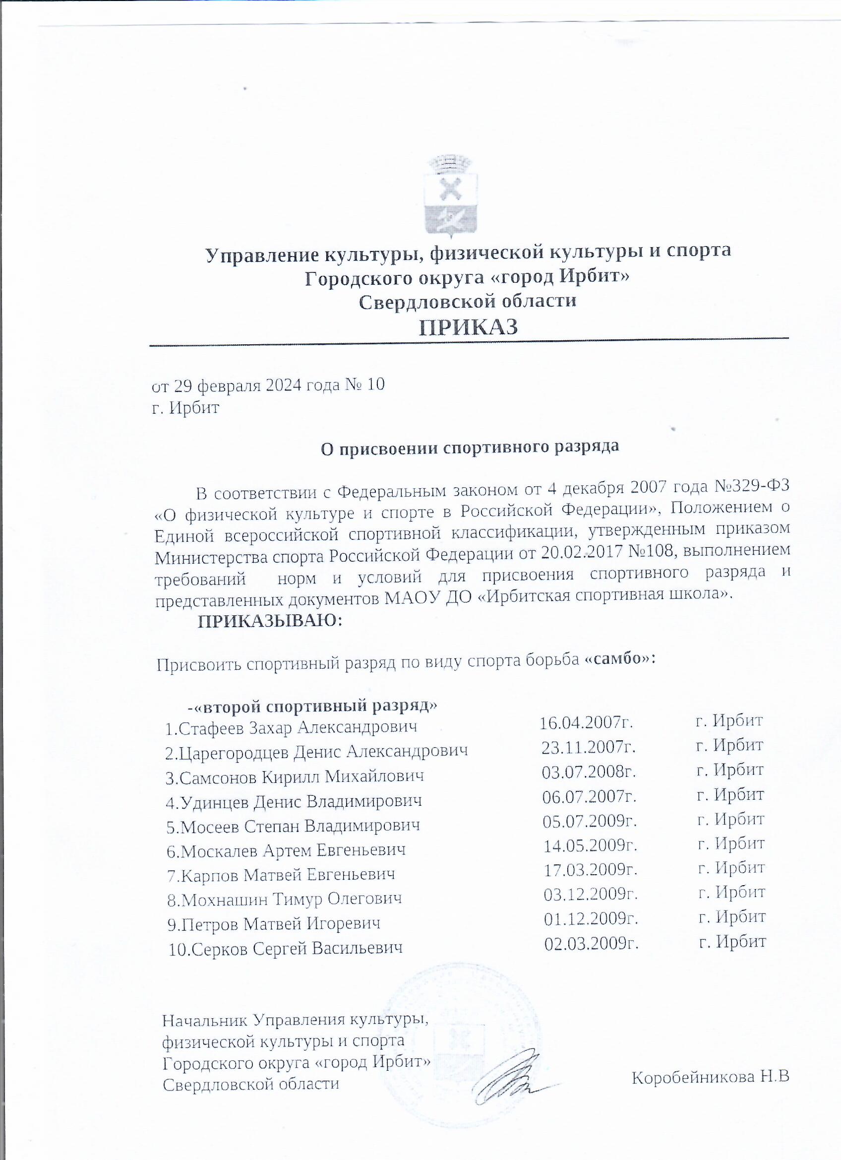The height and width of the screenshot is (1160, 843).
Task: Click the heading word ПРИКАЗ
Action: coord(469,328)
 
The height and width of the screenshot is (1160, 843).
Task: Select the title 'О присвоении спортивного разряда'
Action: coord(469,447)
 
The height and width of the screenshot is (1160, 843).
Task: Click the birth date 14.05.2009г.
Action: coord(590,846)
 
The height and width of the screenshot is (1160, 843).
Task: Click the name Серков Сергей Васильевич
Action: coord(293,949)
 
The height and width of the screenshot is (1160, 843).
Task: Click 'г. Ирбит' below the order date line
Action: coord(186,408)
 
